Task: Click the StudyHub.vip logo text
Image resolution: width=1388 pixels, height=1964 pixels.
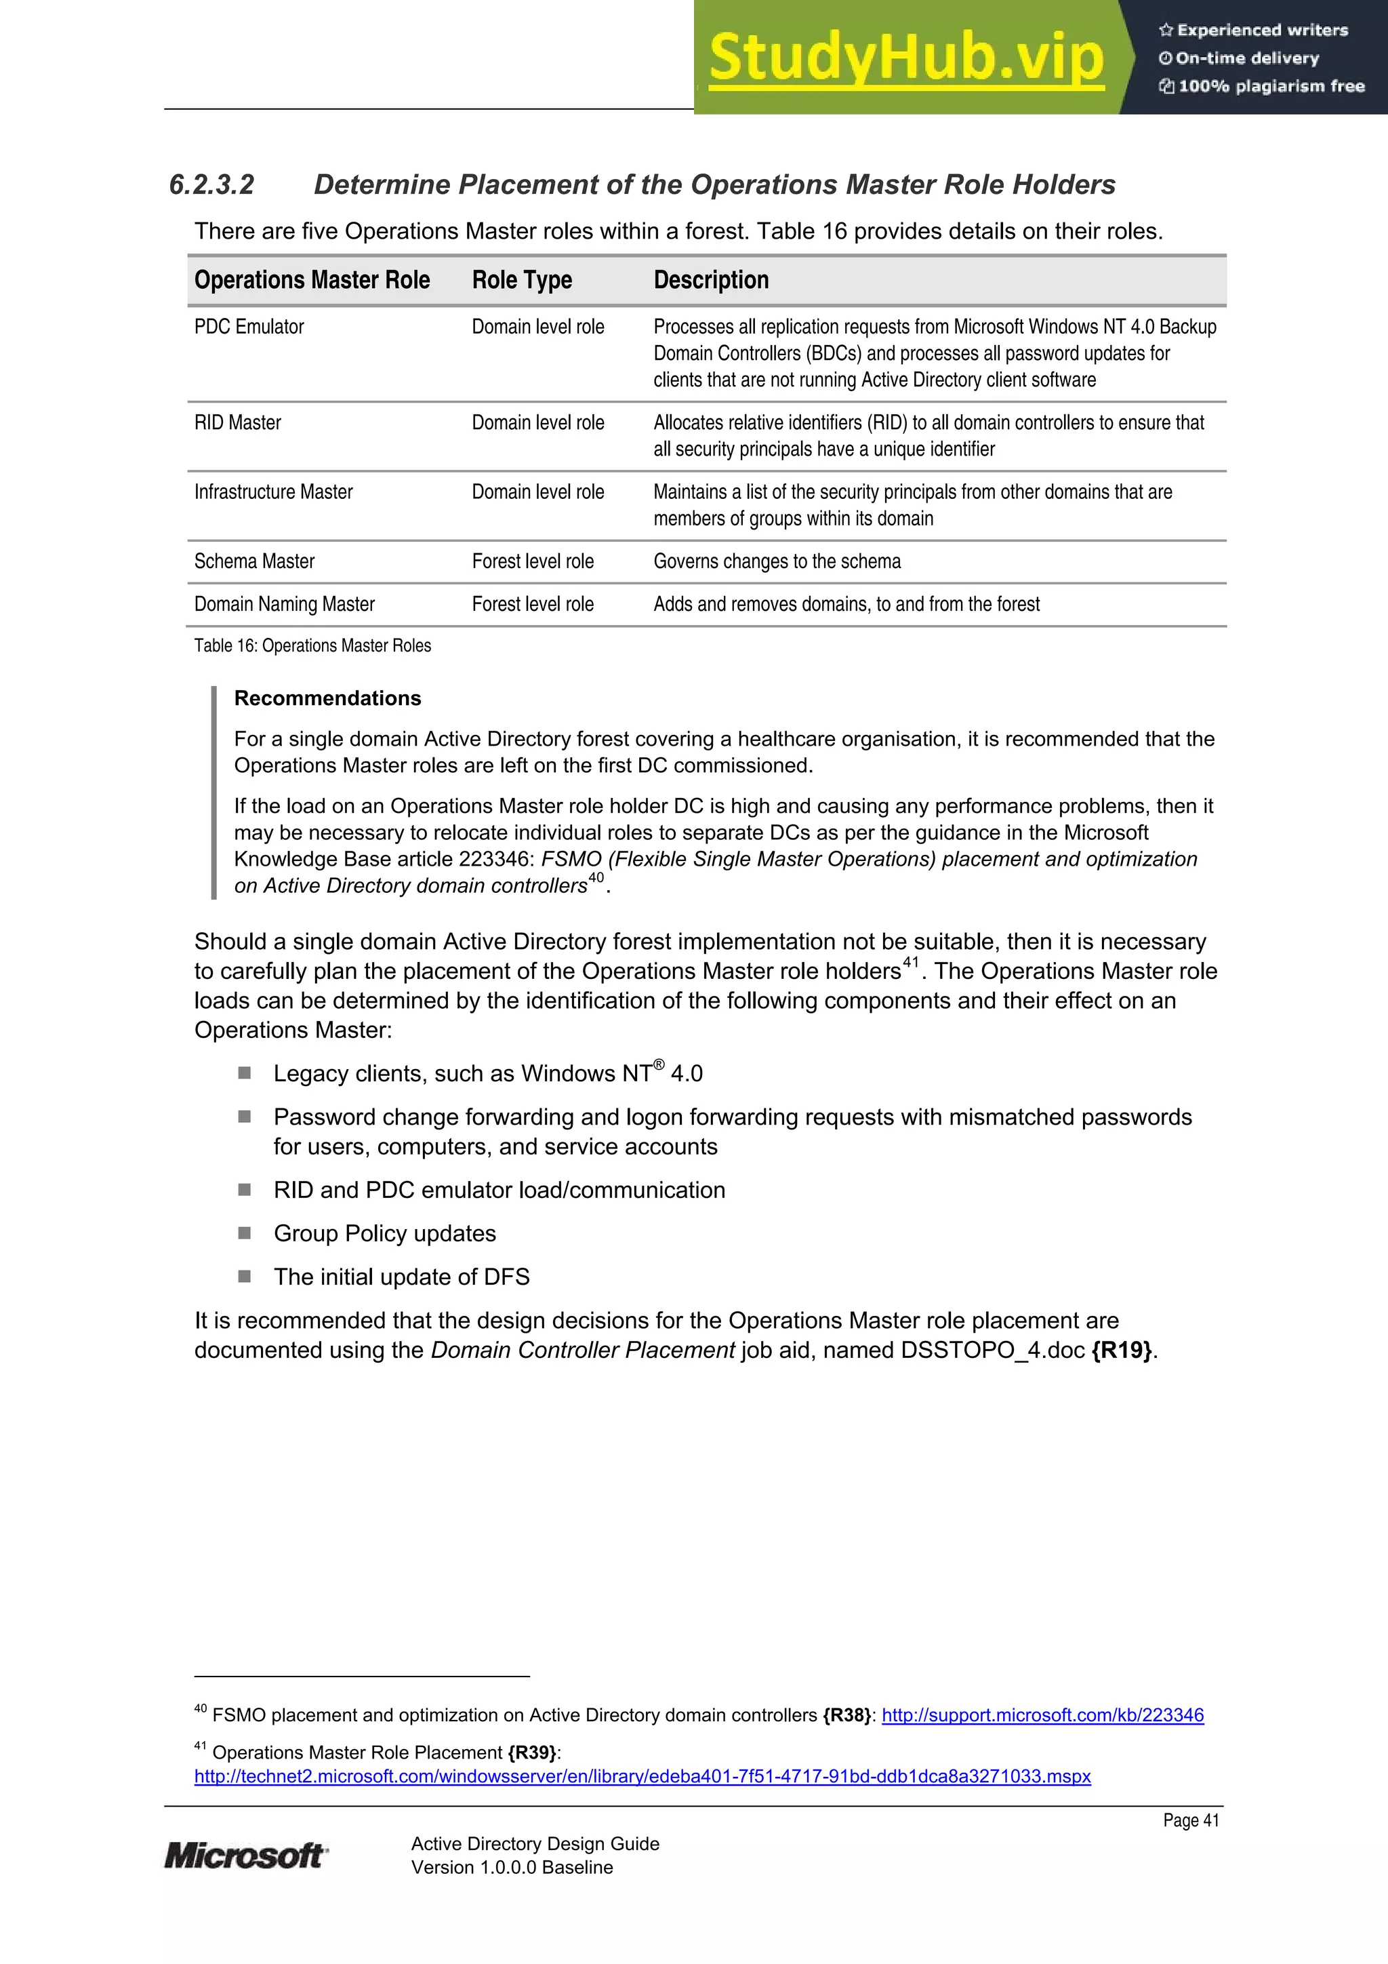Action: [x=907, y=58]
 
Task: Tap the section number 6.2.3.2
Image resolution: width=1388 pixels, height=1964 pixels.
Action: [x=211, y=185]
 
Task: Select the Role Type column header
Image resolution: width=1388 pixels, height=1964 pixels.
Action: [x=522, y=280]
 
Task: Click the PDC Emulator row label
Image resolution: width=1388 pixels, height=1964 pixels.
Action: [x=249, y=327]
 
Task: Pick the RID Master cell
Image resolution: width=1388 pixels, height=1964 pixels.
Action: [x=238, y=422]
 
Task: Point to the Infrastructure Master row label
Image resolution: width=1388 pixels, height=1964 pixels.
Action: [x=273, y=492]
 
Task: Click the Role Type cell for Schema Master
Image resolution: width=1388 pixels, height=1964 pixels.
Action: [x=532, y=561]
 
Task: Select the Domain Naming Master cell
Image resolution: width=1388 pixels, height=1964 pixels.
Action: [x=284, y=604]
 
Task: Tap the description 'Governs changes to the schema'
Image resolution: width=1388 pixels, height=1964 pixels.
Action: [x=777, y=561]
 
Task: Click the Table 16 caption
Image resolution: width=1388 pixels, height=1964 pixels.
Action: [x=312, y=646]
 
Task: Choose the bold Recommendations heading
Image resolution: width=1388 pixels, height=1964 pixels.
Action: [x=327, y=698]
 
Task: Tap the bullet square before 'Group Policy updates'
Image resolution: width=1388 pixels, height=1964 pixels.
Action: [x=245, y=1232]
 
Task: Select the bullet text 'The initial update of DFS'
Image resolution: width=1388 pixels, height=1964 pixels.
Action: [x=401, y=1277]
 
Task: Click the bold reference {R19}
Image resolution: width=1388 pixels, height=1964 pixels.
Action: [x=1122, y=1350]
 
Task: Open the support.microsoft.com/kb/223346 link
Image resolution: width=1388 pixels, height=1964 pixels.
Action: [x=1042, y=1715]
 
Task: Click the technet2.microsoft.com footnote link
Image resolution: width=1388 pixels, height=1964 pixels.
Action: [x=642, y=1776]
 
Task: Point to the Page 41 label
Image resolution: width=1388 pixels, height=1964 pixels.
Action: [x=1191, y=1820]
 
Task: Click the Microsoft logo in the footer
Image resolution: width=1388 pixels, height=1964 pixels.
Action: [x=245, y=1856]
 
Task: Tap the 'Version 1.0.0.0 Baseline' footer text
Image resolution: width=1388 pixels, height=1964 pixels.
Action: [x=512, y=1867]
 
